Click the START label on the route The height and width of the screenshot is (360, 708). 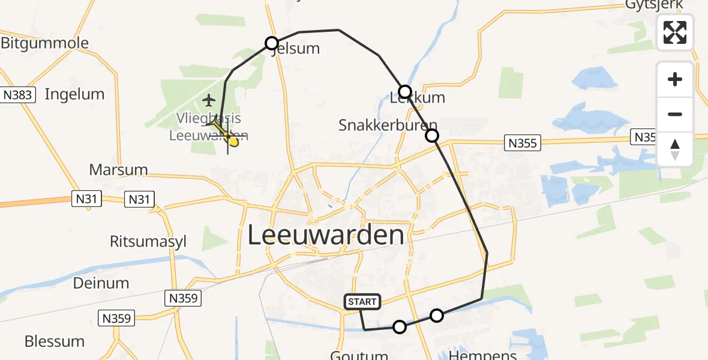(x=362, y=302)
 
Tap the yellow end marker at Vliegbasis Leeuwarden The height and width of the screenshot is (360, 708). (x=233, y=142)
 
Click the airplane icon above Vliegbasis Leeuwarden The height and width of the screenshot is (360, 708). (x=209, y=99)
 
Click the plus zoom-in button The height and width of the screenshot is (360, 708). (x=675, y=79)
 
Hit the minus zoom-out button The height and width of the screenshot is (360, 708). (x=675, y=114)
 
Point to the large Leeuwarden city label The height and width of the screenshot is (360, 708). (x=326, y=235)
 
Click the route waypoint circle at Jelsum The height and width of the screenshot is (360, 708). (x=272, y=43)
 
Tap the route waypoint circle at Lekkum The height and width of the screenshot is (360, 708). (x=405, y=92)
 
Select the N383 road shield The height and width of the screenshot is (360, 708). (x=20, y=95)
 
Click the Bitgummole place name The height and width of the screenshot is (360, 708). (x=44, y=43)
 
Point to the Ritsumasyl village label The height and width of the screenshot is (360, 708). (x=148, y=241)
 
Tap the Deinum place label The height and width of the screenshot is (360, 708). (x=101, y=283)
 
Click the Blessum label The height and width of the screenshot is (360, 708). (x=55, y=341)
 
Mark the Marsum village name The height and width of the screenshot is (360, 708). (x=118, y=170)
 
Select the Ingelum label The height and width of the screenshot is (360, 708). (x=74, y=94)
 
